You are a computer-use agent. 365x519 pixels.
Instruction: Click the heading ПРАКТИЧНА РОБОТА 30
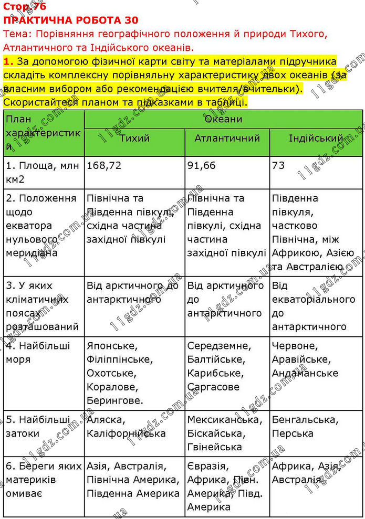(x=71, y=20)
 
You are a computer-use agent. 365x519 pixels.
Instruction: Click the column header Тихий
(x=135, y=139)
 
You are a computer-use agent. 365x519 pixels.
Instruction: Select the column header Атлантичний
(x=227, y=139)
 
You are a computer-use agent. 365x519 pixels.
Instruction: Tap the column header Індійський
(x=316, y=139)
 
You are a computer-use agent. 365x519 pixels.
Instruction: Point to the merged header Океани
(x=223, y=119)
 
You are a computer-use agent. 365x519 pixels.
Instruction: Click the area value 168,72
(x=104, y=166)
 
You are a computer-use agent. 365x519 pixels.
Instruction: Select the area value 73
(x=278, y=166)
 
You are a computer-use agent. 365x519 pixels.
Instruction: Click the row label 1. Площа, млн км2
(x=42, y=173)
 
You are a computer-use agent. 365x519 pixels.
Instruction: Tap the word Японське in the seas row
(x=112, y=346)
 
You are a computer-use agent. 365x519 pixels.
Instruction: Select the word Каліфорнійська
(x=126, y=434)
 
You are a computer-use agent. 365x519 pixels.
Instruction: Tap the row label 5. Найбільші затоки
(x=38, y=427)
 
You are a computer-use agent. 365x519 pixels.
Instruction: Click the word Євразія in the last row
(x=207, y=467)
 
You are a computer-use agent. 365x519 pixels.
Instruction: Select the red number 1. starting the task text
(x=7, y=61)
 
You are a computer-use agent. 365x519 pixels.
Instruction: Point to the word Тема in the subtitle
(x=14, y=34)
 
